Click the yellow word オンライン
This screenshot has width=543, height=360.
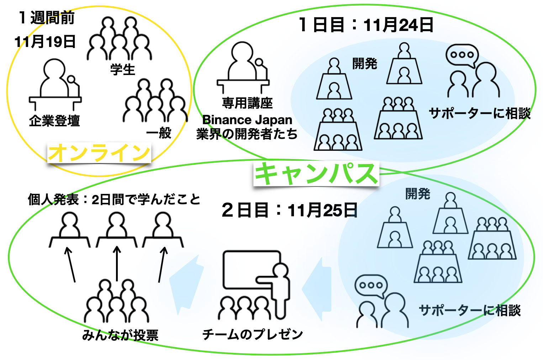[99, 153]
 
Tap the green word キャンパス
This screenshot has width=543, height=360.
[316, 174]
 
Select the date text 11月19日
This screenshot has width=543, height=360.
[45, 42]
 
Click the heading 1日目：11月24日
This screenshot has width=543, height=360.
[366, 25]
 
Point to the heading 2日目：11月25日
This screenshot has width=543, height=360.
[289, 210]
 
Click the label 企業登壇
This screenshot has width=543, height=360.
[54, 121]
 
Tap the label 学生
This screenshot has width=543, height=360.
[123, 69]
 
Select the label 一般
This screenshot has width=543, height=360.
[159, 133]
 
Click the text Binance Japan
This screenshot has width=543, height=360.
[247, 120]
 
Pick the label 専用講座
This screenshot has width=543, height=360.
[247, 103]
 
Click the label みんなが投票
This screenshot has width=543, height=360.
[120, 335]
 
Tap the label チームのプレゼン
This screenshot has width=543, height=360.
[253, 334]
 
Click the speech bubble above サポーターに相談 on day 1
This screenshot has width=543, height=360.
[462, 55]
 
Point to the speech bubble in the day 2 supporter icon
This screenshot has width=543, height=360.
[371, 285]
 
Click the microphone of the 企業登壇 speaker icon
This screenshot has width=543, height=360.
[72, 80]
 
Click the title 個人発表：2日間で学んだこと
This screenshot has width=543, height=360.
[114, 200]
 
